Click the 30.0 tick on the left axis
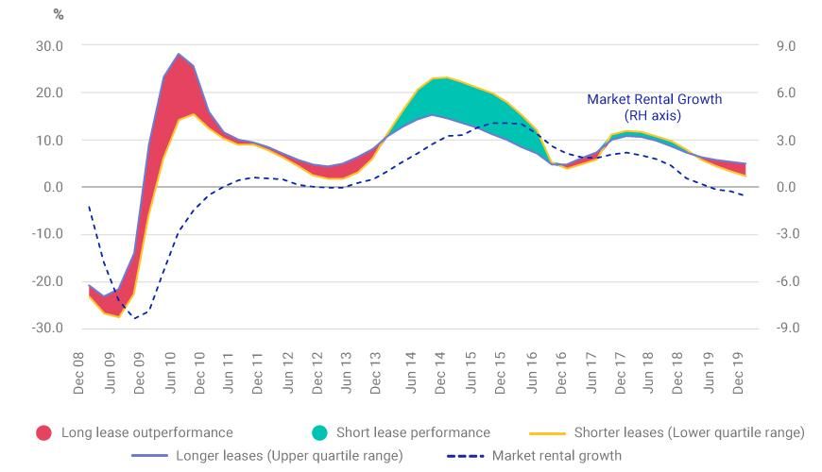tap(48, 45)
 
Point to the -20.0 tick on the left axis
tap(46, 281)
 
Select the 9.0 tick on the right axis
tap(786, 45)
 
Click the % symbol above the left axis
tap(58, 16)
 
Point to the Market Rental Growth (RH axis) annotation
tap(654, 107)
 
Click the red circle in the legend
tap(43, 432)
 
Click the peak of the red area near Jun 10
tap(179, 56)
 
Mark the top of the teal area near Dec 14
tap(444, 78)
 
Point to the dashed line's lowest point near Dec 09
tap(136, 318)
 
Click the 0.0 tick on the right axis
tap(786, 187)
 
